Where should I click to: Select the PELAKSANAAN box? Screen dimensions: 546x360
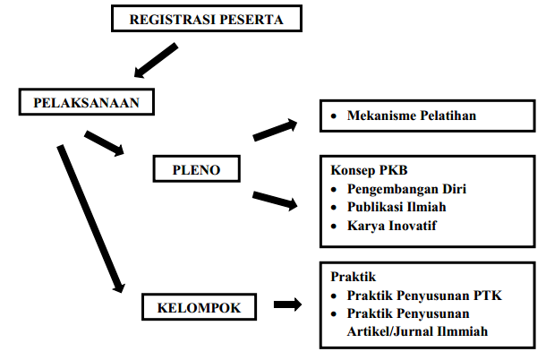point(86,102)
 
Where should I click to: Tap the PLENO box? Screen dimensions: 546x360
point(197,167)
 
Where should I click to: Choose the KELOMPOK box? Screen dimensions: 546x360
point(199,307)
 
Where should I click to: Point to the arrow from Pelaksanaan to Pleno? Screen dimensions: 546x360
point(105,143)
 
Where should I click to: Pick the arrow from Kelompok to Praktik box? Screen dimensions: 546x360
point(287,305)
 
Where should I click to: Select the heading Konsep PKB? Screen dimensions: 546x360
point(365,170)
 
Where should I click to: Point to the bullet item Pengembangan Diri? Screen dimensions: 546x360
point(407,189)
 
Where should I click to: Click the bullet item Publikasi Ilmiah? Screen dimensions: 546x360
point(397,207)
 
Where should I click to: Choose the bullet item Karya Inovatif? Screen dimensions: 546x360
point(392,226)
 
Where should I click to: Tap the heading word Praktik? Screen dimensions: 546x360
point(350,278)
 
